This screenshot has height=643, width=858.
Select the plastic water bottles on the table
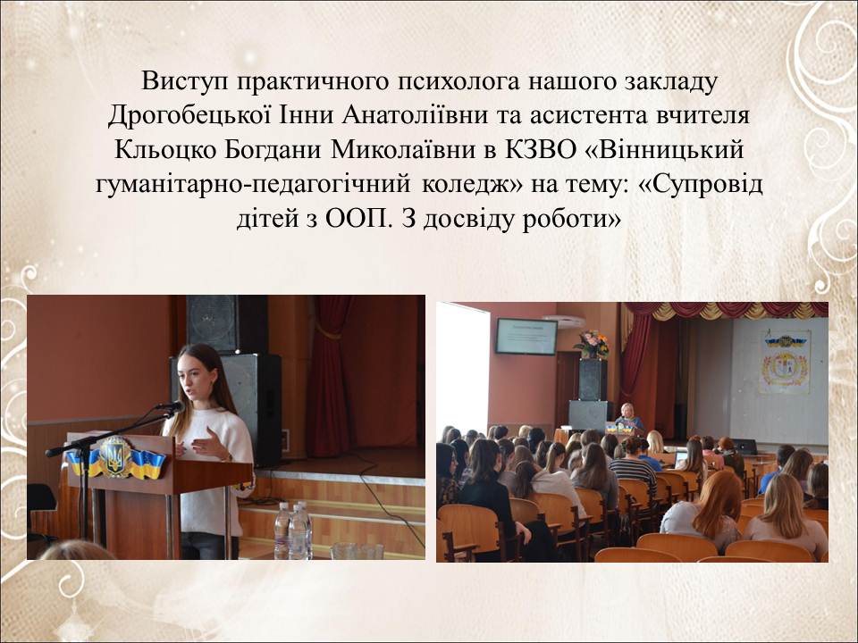coord(293,530)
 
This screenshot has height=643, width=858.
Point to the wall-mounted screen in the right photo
coord(526,337)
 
